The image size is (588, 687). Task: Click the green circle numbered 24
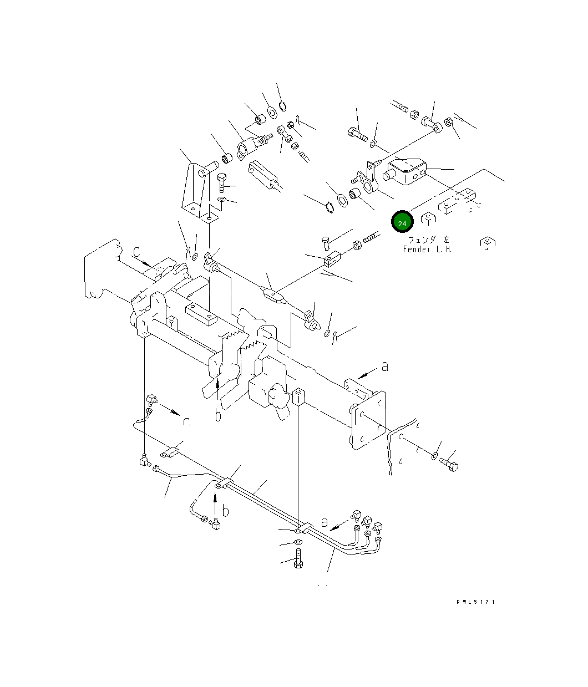(402, 222)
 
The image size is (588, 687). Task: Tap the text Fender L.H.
(427, 250)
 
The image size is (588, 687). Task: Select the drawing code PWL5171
(475, 602)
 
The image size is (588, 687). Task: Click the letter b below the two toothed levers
(218, 415)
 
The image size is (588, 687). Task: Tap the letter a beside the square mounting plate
(384, 366)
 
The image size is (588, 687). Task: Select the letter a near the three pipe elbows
(325, 522)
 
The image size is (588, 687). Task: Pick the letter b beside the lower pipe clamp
(225, 510)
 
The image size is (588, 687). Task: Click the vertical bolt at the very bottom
(298, 558)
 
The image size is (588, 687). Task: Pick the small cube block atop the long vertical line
(298, 396)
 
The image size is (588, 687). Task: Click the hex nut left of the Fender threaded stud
(358, 243)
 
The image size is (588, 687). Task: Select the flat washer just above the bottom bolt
(298, 542)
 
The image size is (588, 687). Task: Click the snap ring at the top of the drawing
(282, 106)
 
